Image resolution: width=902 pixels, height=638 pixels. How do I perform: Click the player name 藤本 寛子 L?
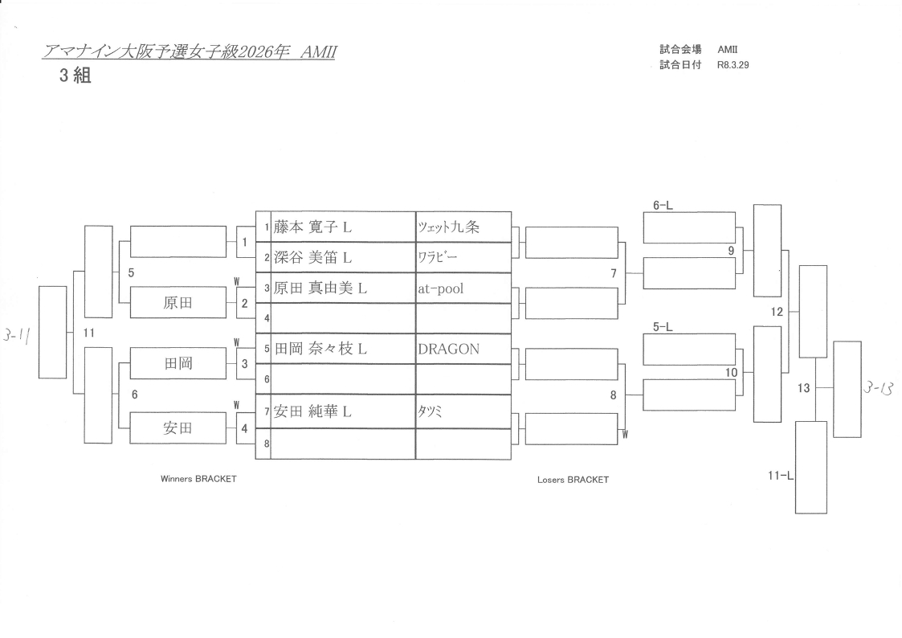pos(312,227)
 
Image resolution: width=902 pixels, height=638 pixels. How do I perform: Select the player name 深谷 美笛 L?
pos(312,258)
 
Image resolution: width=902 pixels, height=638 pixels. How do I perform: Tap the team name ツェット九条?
pos(448,227)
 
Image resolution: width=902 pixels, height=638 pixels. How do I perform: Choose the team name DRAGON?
pos(448,349)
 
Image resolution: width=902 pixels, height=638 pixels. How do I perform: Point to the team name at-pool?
pos(441,288)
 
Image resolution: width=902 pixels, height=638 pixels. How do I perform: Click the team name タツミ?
pos(431,411)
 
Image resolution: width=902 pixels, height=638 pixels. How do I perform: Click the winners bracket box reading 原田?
pos(178,304)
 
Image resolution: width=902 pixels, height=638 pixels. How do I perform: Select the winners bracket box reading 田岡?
pos(178,364)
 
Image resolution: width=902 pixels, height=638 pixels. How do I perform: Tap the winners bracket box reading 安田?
pos(178,428)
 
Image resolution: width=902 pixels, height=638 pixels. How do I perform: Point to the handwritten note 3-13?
pos(880,389)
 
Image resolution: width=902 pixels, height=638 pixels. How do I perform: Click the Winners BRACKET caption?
pos(198,479)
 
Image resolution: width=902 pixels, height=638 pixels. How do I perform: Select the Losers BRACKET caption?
pos(573,480)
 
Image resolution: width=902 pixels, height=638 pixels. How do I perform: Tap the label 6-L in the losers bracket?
pos(663,206)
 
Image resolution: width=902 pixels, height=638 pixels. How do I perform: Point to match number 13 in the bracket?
pos(804,389)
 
